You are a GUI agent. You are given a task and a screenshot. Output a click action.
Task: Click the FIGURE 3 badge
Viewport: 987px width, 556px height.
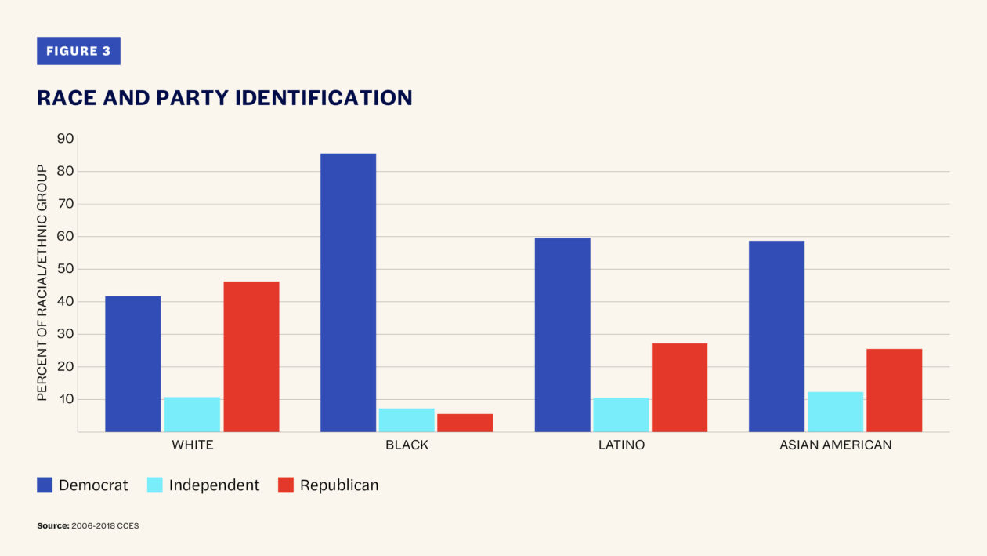[x=78, y=51]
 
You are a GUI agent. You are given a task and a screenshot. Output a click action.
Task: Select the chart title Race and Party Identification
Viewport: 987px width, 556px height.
[x=224, y=97]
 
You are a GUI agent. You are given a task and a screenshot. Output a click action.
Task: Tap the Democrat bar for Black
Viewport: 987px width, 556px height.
[x=348, y=293]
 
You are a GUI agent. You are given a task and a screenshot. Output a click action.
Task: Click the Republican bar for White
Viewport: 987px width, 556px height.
[x=251, y=357]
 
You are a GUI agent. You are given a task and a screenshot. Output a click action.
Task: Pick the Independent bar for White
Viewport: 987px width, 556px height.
[x=192, y=415]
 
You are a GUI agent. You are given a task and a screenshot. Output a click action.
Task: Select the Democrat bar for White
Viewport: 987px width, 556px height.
[x=132, y=364]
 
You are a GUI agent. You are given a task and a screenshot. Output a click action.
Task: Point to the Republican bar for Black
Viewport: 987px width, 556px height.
[x=465, y=423]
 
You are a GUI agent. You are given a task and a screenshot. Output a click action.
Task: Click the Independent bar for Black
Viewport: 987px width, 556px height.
[x=407, y=420]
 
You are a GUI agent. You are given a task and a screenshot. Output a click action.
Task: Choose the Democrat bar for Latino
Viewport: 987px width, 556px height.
[x=562, y=335]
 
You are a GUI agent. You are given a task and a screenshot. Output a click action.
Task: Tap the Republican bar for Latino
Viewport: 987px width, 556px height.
[x=679, y=387]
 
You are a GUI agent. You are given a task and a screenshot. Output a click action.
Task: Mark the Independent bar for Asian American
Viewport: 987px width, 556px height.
[x=835, y=412]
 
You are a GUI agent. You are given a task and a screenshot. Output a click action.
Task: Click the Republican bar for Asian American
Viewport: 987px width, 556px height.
[x=894, y=391]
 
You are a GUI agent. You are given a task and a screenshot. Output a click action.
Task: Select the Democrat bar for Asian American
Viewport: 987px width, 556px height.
[x=776, y=336]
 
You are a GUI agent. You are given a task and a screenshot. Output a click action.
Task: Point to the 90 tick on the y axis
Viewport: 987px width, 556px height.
[x=65, y=139]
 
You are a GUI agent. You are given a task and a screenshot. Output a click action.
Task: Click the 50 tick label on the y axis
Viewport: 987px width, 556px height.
[x=65, y=269]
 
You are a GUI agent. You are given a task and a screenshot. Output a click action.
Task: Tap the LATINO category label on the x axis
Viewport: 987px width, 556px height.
[x=620, y=445]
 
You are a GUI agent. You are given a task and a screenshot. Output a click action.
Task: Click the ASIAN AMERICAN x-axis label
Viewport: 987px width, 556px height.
[x=835, y=445]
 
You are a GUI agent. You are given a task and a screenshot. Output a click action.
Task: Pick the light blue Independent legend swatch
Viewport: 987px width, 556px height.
[x=154, y=485]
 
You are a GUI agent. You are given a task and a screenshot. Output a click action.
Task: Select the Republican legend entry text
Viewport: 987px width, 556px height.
[x=338, y=485]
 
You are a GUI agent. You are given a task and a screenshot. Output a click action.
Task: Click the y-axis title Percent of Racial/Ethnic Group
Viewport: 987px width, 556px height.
[x=42, y=283]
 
